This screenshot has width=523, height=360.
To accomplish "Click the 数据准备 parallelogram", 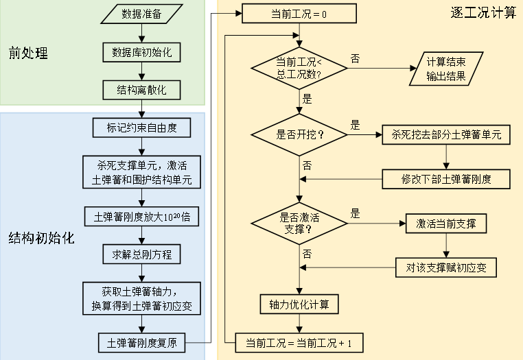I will point(141,13).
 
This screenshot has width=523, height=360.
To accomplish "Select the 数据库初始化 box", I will point(141,51).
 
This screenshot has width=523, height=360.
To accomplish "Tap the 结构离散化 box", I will point(141,90).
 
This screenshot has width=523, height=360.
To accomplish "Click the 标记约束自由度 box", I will point(141,128).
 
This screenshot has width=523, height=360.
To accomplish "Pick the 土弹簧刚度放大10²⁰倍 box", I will point(141,217).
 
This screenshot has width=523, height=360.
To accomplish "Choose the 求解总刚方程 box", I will point(141,254).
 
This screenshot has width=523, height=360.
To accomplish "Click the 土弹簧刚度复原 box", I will point(141,341).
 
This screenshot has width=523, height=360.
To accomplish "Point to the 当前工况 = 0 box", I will point(299,14).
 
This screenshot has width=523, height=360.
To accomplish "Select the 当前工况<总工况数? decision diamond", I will point(299,67).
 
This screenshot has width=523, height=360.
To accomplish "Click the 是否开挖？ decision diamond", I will point(299,134).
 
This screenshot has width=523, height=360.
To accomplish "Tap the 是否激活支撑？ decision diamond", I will point(299,222).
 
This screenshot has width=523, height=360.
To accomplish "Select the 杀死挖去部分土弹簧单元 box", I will point(446,134).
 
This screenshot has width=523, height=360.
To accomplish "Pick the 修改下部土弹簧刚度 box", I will point(446,180).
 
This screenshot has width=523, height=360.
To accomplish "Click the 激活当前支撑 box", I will point(446,223).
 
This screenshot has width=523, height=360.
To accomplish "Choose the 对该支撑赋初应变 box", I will point(446,267).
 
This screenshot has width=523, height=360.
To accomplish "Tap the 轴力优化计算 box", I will point(299,303).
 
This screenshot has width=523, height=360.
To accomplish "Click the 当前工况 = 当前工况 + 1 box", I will point(299,341).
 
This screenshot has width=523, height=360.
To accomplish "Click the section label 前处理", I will point(28,52).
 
